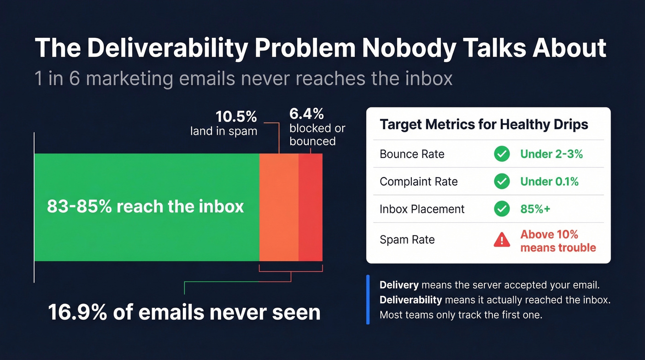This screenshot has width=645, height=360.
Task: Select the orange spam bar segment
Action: tap(279, 207)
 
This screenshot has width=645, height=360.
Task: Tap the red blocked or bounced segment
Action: tap(310, 207)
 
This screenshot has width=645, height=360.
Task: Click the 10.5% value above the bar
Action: tap(236, 116)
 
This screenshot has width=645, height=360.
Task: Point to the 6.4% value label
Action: tap(306, 113)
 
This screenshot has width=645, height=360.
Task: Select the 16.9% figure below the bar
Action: tap(76, 312)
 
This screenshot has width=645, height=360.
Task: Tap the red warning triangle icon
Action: tap(502, 240)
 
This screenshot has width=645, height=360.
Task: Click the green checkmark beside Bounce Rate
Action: tap(502, 154)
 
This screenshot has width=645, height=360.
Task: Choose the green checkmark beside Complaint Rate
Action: tap(502, 182)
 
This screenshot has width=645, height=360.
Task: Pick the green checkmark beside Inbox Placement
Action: tap(502, 209)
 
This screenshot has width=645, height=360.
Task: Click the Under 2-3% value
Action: tap(551, 154)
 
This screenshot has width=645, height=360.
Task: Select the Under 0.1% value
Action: tap(549, 182)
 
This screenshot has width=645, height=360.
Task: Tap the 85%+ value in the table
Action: tap(535, 209)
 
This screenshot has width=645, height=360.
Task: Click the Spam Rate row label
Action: tap(407, 240)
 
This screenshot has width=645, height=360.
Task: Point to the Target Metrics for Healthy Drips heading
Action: tap(484, 124)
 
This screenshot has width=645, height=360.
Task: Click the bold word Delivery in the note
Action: tap(399, 285)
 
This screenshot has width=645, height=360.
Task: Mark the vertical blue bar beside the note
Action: tap(368, 300)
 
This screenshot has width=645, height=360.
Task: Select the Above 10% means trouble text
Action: tap(558, 241)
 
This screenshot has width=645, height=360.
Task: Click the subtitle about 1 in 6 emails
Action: tap(244, 78)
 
